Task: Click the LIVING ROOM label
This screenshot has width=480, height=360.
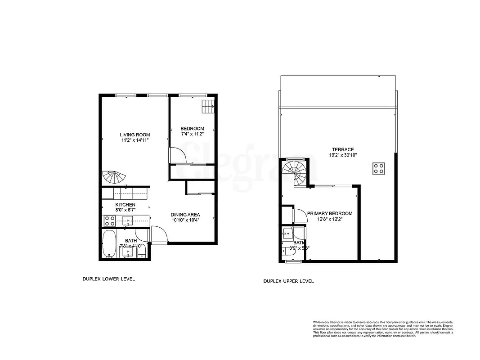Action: click(x=135, y=135)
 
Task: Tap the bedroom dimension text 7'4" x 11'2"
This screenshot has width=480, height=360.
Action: click(x=193, y=134)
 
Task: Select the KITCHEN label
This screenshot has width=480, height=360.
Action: click(x=125, y=205)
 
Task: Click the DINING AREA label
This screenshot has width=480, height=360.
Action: click(x=185, y=214)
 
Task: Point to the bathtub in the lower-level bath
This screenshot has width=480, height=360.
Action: click(x=109, y=244)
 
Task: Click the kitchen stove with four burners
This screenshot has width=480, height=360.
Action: click(x=109, y=221)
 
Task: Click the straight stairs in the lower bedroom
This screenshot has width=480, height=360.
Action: click(x=207, y=107)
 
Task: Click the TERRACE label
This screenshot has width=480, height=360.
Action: click(x=343, y=150)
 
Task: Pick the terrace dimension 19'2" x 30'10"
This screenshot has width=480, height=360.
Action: click(x=343, y=156)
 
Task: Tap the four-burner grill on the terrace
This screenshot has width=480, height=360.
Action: click(x=378, y=168)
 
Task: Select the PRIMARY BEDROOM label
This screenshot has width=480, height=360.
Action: click(x=330, y=214)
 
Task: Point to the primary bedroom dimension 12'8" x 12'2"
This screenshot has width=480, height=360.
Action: click(x=330, y=220)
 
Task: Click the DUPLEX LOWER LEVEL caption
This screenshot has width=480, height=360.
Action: click(x=108, y=279)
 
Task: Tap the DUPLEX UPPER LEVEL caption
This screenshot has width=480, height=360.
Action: click(x=288, y=281)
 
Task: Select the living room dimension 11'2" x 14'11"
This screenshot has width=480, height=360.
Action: click(x=135, y=140)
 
